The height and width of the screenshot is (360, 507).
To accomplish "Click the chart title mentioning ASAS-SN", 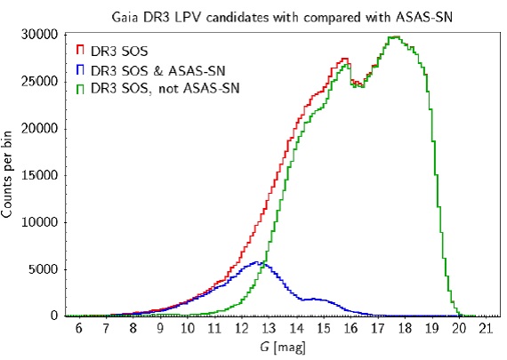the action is point(282,17).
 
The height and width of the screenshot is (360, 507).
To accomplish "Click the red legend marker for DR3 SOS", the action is point(80,50).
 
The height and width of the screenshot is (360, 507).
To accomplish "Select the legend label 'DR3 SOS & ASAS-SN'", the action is point(157,71).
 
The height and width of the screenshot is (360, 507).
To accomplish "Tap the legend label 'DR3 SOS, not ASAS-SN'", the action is point(165,89).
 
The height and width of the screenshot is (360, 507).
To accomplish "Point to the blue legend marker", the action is point(80,69).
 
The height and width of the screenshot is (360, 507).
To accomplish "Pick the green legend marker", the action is point(80,89).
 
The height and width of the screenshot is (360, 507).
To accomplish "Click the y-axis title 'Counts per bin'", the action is point(7,174).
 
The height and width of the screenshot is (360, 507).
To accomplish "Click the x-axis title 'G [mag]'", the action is point(282,348).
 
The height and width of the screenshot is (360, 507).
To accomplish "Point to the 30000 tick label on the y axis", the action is point(39,35).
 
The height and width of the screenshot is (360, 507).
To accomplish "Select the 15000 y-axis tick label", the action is point(39,175).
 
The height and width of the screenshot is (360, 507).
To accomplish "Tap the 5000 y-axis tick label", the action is point(43,269).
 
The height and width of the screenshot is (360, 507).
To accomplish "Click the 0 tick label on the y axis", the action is point(54,316).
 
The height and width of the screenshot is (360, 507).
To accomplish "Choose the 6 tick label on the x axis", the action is point(78,329).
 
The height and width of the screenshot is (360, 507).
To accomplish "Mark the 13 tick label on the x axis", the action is point(269,329).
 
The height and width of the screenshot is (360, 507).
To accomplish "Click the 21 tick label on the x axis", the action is point(486,329).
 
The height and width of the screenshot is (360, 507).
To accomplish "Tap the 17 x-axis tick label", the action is point(377,329).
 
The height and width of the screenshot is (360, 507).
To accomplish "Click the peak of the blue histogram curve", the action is point(256,261).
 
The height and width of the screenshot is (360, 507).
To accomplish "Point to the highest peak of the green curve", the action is point(394,36).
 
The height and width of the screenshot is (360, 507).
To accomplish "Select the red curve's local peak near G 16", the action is point(345,59).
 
